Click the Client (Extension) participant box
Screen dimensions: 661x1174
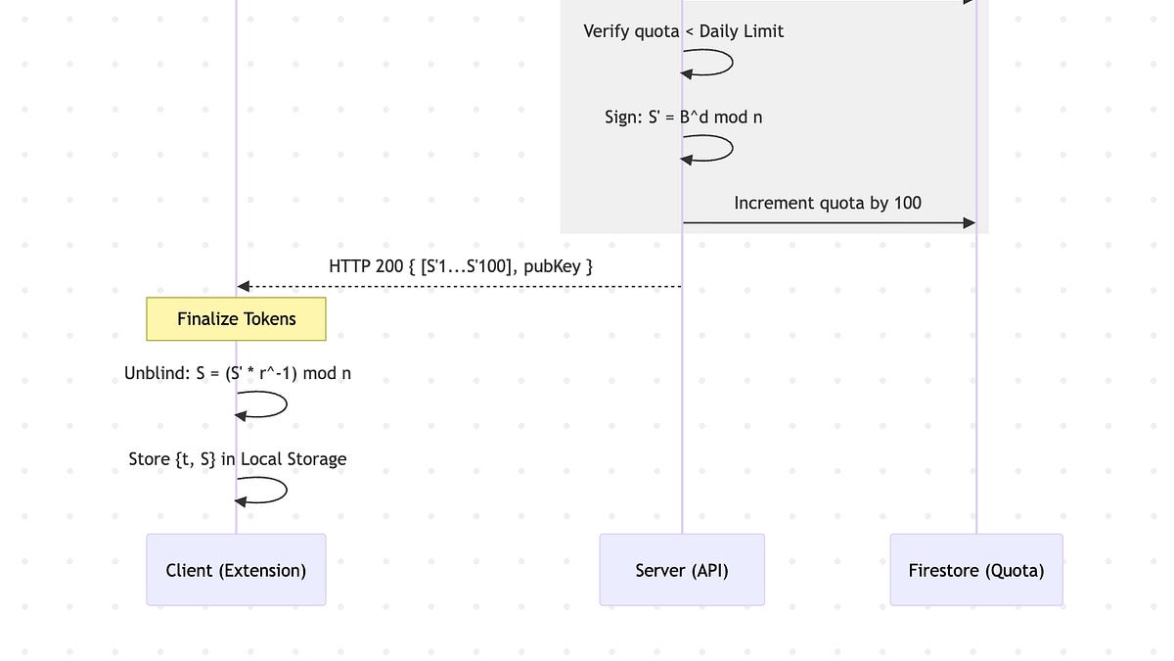pos(236,570)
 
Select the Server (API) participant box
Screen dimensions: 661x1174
pos(682,570)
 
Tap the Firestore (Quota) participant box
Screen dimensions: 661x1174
pos(976,570)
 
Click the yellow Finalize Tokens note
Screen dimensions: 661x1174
pos(236,319)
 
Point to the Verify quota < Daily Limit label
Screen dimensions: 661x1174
pos(683,31)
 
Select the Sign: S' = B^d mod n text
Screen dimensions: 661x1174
pos(683,118)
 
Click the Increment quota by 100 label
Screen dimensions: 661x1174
pos(828,203)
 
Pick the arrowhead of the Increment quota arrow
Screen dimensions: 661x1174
pos(970,223)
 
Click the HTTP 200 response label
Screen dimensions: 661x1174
pos(461,265)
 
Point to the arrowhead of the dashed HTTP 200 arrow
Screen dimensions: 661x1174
pos(244,287)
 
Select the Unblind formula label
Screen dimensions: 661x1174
pos(237,373)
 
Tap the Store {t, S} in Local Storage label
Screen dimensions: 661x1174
pos(237,459)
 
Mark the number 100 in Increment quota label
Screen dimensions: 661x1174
pos(907,203)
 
